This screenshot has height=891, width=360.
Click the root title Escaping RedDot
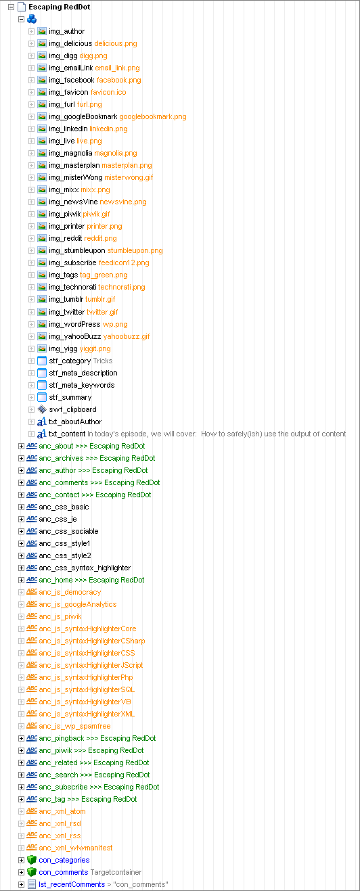(x=60, y=7)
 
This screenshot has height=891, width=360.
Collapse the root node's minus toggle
(x=11, y=7)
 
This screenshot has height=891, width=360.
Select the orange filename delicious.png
(x=115, y=43)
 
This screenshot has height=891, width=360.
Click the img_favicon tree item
(x=68, y=92)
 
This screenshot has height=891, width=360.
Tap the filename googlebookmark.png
(x=153, y=116)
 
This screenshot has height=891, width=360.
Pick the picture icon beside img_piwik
(x=42, y=214)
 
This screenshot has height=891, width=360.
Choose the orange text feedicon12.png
(x=124, y=262)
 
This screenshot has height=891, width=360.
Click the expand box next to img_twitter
(x=31, y=313)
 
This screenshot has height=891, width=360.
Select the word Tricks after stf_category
(x=103, y=361)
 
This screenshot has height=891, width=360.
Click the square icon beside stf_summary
(x=42, y=397)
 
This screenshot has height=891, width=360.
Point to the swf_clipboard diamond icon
(x=42, y=409)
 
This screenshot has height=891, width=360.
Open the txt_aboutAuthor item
(x=75, y=421)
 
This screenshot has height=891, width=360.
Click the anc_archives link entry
(x=97, y=458)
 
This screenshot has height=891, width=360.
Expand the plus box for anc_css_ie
(x=22, y=519)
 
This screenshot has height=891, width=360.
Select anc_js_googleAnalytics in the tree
(x=78, y=604)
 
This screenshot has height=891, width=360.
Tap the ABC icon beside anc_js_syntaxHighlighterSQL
(x=32, y=689)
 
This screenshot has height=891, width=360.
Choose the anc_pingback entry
(x=97, y=738)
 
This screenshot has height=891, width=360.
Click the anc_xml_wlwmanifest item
(x=76, y=848)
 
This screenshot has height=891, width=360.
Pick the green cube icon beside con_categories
(x=32, y=860)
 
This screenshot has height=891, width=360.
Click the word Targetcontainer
(x=116, y=872)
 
